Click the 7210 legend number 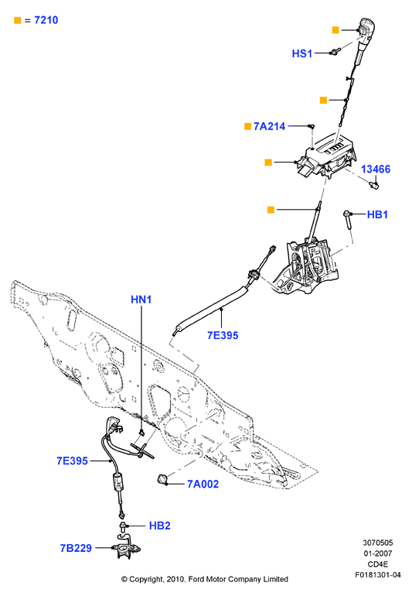click(x=46, y=20)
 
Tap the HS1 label click(x=302, y=53)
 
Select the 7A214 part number click(x=269, y=126)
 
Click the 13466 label click(x=376, y=170)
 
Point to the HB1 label click(x=377, y=214)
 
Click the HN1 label click(x=141, y=300)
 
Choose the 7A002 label click(x=203, y=484)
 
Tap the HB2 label click(x=159, y=526)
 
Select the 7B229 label click(x=76, y=548)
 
